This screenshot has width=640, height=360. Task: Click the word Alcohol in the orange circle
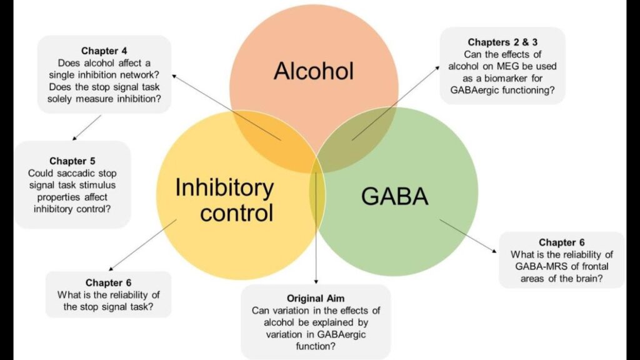(313, 71)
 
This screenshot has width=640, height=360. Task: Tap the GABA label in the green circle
(395, 197)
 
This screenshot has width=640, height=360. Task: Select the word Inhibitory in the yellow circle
(224, 187)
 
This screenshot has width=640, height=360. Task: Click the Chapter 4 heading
(105, 51)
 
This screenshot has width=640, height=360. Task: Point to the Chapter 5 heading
(72, 161)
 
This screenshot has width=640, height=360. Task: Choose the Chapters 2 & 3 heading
(502, 42)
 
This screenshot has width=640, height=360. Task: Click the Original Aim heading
(316, 297)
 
